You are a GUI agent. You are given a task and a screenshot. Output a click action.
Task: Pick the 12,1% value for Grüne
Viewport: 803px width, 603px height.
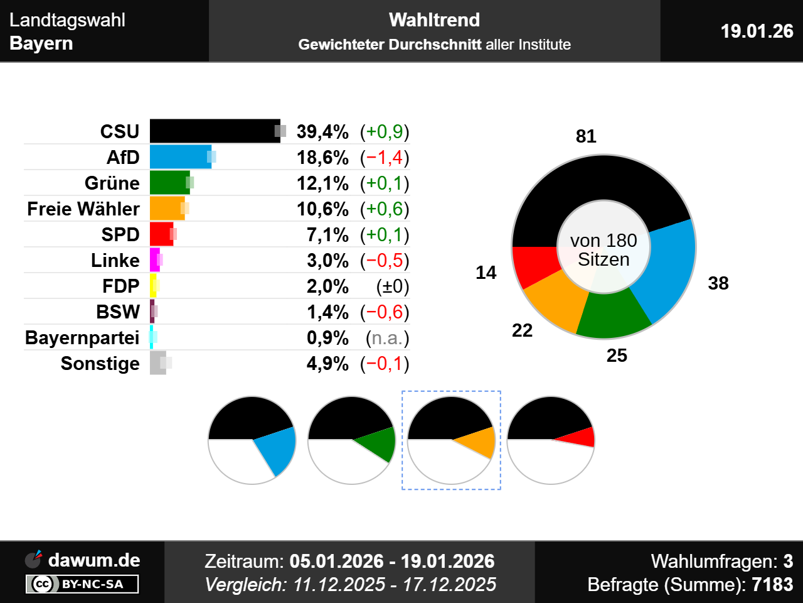coord(322,183)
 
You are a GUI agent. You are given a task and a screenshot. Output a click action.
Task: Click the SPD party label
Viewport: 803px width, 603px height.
coord(120,235)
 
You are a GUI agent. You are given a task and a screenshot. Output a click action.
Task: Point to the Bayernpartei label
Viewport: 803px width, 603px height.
coord(82,338)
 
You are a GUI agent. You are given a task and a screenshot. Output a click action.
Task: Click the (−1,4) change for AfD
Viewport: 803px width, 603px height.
coord(385,158)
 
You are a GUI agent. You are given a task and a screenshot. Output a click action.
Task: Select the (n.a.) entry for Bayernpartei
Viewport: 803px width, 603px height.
coord(387,338)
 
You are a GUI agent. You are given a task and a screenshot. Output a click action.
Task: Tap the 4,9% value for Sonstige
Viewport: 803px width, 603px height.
coord(327,364)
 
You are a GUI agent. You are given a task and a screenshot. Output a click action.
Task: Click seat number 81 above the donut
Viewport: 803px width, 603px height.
coord(586,136)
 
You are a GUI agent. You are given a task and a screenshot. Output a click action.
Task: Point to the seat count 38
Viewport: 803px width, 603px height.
coord(718,283)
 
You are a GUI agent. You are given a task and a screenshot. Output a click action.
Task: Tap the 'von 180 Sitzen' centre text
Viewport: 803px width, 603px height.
coord(604,249)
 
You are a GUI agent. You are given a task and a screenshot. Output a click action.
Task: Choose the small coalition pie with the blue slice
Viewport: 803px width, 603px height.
coord(252,440)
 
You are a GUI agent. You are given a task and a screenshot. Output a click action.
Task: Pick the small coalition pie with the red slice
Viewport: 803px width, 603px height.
coord(551,440)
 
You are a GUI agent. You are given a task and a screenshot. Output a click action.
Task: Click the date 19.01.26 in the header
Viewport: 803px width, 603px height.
coord(757,31)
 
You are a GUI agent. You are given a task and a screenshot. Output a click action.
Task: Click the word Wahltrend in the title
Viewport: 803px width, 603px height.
coord(434,20)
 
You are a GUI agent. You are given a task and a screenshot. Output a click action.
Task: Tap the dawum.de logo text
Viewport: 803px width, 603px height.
coord(94,560)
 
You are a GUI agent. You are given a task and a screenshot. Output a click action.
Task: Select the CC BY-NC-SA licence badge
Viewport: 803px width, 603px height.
coord(82,584)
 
